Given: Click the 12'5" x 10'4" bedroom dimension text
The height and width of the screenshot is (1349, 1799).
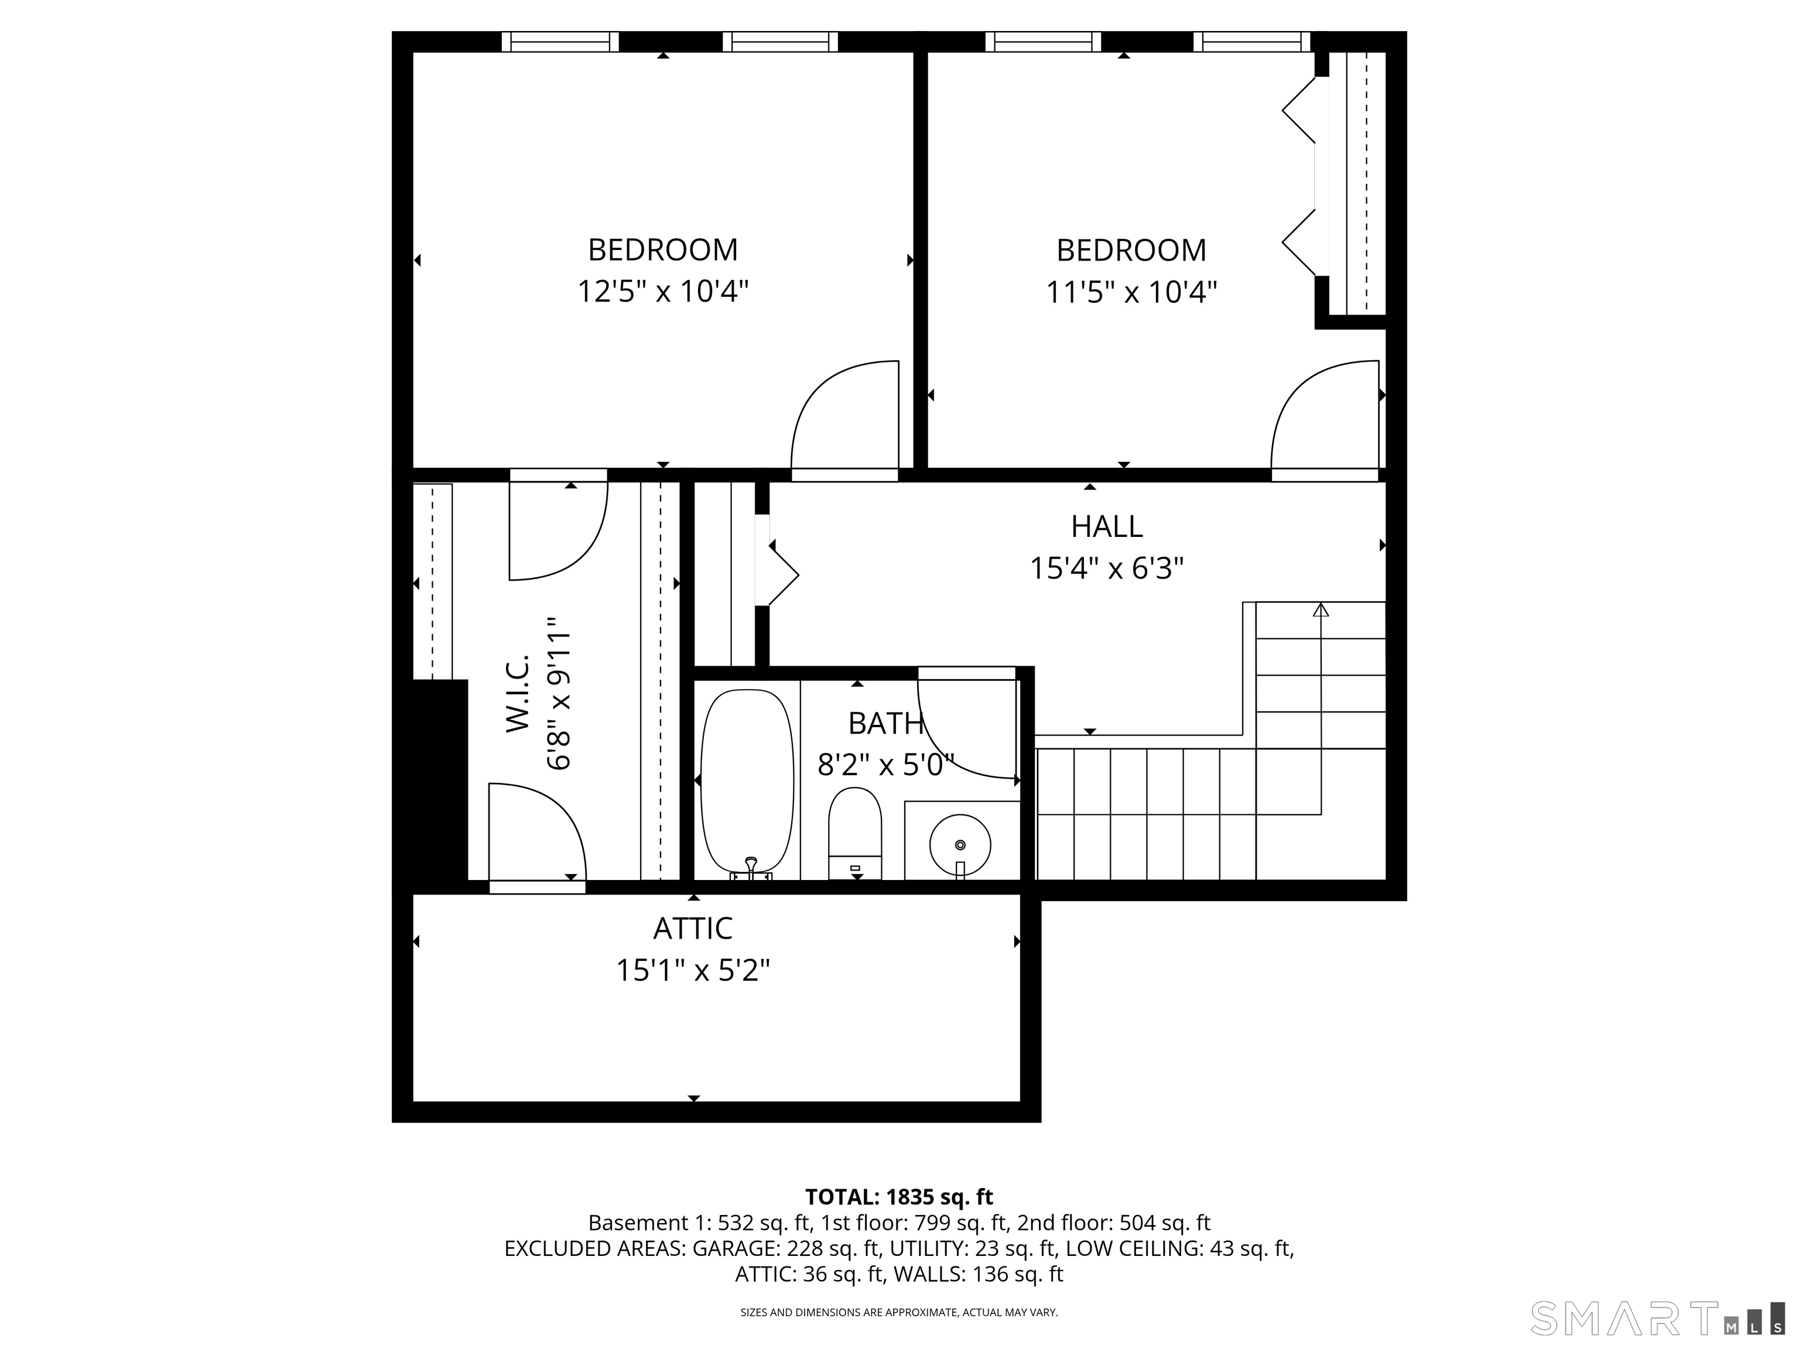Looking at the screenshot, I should click(663, 291).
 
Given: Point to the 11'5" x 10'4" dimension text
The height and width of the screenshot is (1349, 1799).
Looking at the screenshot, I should click(1131, 292).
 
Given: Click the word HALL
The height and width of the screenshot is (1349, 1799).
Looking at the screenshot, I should click(1106, 527).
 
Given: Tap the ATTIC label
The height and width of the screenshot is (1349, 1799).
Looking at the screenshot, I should click(693, 929).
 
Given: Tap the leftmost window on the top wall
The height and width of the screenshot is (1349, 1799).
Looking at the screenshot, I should click(559, 42).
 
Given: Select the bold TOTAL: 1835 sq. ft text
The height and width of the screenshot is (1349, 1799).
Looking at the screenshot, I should click(899, 1197).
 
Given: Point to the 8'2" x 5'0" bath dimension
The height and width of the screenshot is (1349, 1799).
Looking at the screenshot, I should click(885, 765).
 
